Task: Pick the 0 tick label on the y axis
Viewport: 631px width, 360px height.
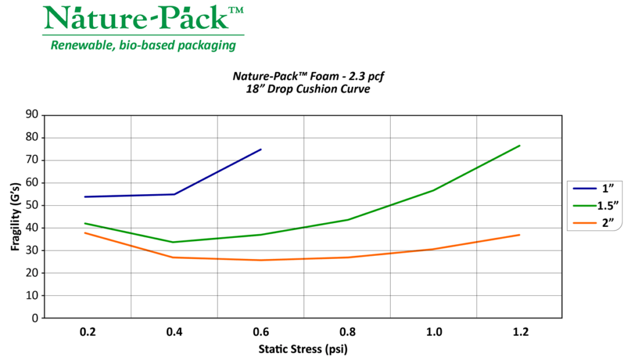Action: tap(35, 318)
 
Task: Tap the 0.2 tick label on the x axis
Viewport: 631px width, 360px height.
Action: tap(88, 332)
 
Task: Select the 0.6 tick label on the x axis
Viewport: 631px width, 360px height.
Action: tap(261, 332)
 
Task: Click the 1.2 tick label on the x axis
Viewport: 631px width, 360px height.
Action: tap(520, 332)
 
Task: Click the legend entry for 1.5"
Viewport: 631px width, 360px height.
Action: tap(594, 205)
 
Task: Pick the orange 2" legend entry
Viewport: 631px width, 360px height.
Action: tap(594, 223)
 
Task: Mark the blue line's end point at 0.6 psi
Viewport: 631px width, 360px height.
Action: tap(261, 149)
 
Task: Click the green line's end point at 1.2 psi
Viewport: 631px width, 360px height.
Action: tap(520, 145)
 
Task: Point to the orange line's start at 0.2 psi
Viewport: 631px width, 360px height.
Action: tap(85, 233)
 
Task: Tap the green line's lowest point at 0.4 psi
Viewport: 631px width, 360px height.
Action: tap(174, 242)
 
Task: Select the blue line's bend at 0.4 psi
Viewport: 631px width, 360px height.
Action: tap(174, 194)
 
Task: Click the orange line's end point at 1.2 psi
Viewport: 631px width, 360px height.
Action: tap(520, 235)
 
